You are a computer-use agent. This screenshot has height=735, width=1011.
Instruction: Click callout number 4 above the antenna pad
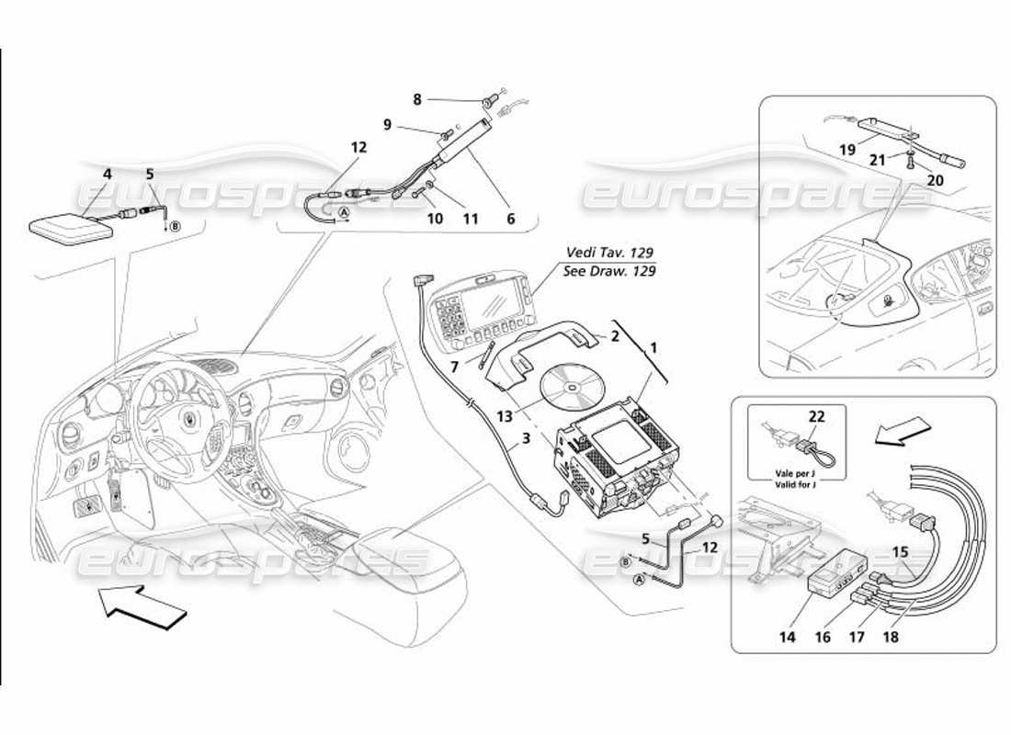pyautogui.click(x=107, y=173)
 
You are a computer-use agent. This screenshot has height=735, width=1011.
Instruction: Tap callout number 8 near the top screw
pyautogui.click(x=416, y=98)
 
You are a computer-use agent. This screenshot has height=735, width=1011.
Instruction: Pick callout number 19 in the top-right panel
pyautogui.click(x=846, y=148)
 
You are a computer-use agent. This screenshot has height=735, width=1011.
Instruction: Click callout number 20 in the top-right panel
pyautogui.click(x=935, y=180)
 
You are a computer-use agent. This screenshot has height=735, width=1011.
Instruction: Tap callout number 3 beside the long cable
pyautogui.click(x=527, y=439)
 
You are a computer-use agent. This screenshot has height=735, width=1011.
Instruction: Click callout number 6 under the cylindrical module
pyautogui.click(x=511, y=219)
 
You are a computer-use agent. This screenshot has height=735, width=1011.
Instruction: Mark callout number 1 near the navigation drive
pyautogui.click(x=653, y=349)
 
